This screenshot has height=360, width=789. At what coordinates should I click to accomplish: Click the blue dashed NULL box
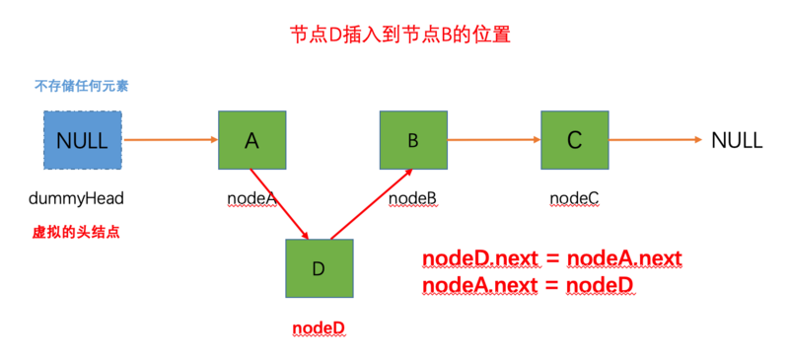point(83,140)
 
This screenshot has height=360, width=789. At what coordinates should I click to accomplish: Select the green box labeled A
point(251,140)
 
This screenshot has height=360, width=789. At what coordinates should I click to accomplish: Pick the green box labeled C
point(574,140)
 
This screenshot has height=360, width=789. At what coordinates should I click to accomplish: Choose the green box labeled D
point(319,268)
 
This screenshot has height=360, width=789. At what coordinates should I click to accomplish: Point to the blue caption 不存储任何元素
point(82,86)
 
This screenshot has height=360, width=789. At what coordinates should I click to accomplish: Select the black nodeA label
point(251,199)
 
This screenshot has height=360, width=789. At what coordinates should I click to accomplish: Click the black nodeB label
point(412,199)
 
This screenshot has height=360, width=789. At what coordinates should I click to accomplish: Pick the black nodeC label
point(574,199)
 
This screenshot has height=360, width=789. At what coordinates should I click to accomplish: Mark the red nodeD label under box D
point(319,326)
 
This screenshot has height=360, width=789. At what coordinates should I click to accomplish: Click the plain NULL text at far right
point(737,140)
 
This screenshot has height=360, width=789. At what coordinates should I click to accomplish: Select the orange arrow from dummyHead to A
point(170,140)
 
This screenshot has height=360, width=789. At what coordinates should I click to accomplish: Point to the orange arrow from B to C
point(493,140)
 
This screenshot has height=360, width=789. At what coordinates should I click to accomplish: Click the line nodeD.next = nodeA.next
point(551,258)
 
